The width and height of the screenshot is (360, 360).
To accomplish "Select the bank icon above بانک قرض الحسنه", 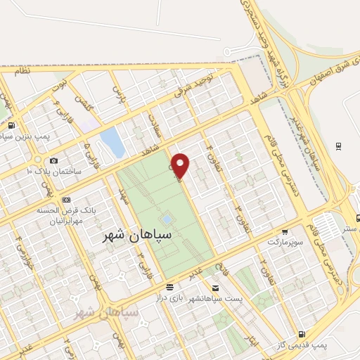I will pyautogui.click(x=67, y=199).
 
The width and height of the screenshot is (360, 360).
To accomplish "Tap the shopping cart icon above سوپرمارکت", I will pyautogui.click(x=284, y=231).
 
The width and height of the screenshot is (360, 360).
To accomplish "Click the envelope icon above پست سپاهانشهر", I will pyautogui.click(x=215, y=289).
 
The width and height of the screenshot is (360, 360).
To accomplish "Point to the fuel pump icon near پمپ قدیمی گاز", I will pyautogui.click(x=302, y=334).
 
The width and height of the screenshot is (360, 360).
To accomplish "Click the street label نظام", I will pyautogui.click(x=21, y=71).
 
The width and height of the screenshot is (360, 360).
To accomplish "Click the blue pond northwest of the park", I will pyautogui.click(x=112, y=143).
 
